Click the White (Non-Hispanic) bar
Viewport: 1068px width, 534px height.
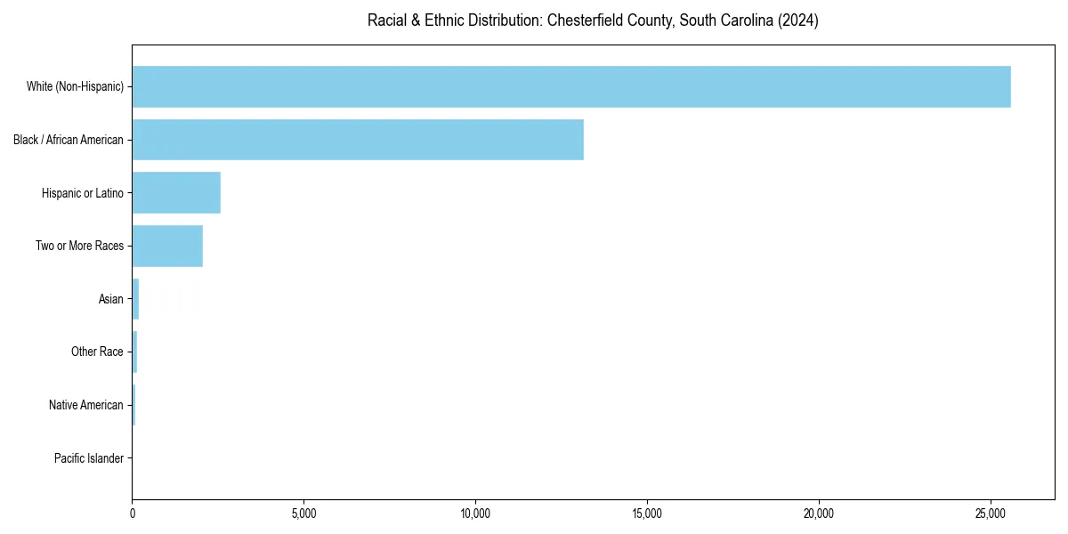coord(571,86)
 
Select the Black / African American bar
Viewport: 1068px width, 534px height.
coord(358,140)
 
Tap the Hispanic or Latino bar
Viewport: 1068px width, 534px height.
coord(176,193)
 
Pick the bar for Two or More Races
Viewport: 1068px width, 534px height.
coord(167,246)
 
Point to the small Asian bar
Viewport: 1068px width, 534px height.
coord(135,299)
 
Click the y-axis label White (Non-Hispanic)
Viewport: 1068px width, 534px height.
coord(75,86)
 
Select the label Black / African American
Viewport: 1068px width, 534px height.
coord(69,140)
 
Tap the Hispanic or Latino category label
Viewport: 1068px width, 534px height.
coord(83,193)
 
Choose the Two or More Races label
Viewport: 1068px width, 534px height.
coord(80,246)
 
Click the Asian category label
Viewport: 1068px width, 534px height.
coord(111,299)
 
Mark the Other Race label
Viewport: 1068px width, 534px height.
coord(97,352)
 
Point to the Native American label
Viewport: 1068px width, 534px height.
coord(86,405)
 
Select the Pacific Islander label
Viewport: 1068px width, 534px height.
coord(89,458)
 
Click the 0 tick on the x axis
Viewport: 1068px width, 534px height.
coord(133,514)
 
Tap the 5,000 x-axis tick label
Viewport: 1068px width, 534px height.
coord(303,514)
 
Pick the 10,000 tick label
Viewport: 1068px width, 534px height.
coord(475,514)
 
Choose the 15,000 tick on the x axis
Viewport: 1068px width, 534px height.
coord(647,514)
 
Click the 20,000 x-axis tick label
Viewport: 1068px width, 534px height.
coord(819,514)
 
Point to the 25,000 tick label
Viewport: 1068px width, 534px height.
coord(991,514)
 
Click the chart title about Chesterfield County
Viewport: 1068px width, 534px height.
coord(593,20)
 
